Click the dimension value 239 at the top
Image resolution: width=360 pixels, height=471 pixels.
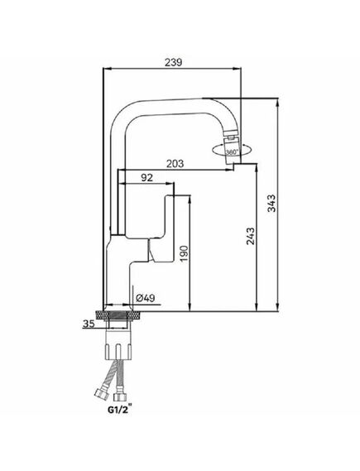click(x=173, y=62)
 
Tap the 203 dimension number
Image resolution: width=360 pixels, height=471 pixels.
click(x=175, y=164)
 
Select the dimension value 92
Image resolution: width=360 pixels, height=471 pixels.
click(x=146, y=177)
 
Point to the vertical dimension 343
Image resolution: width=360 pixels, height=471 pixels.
click(x=271, y=203)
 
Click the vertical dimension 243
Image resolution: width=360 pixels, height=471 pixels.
click(x=251, y=236)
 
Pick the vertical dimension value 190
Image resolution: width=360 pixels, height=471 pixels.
click(x=184, y=253)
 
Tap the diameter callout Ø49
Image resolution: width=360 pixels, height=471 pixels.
click(x=146, y=298)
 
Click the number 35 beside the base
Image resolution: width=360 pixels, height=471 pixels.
click(x=89, y=324)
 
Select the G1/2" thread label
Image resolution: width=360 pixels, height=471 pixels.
click(x=120, y=410)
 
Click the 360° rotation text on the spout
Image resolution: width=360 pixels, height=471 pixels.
click(x=232, y=152)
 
